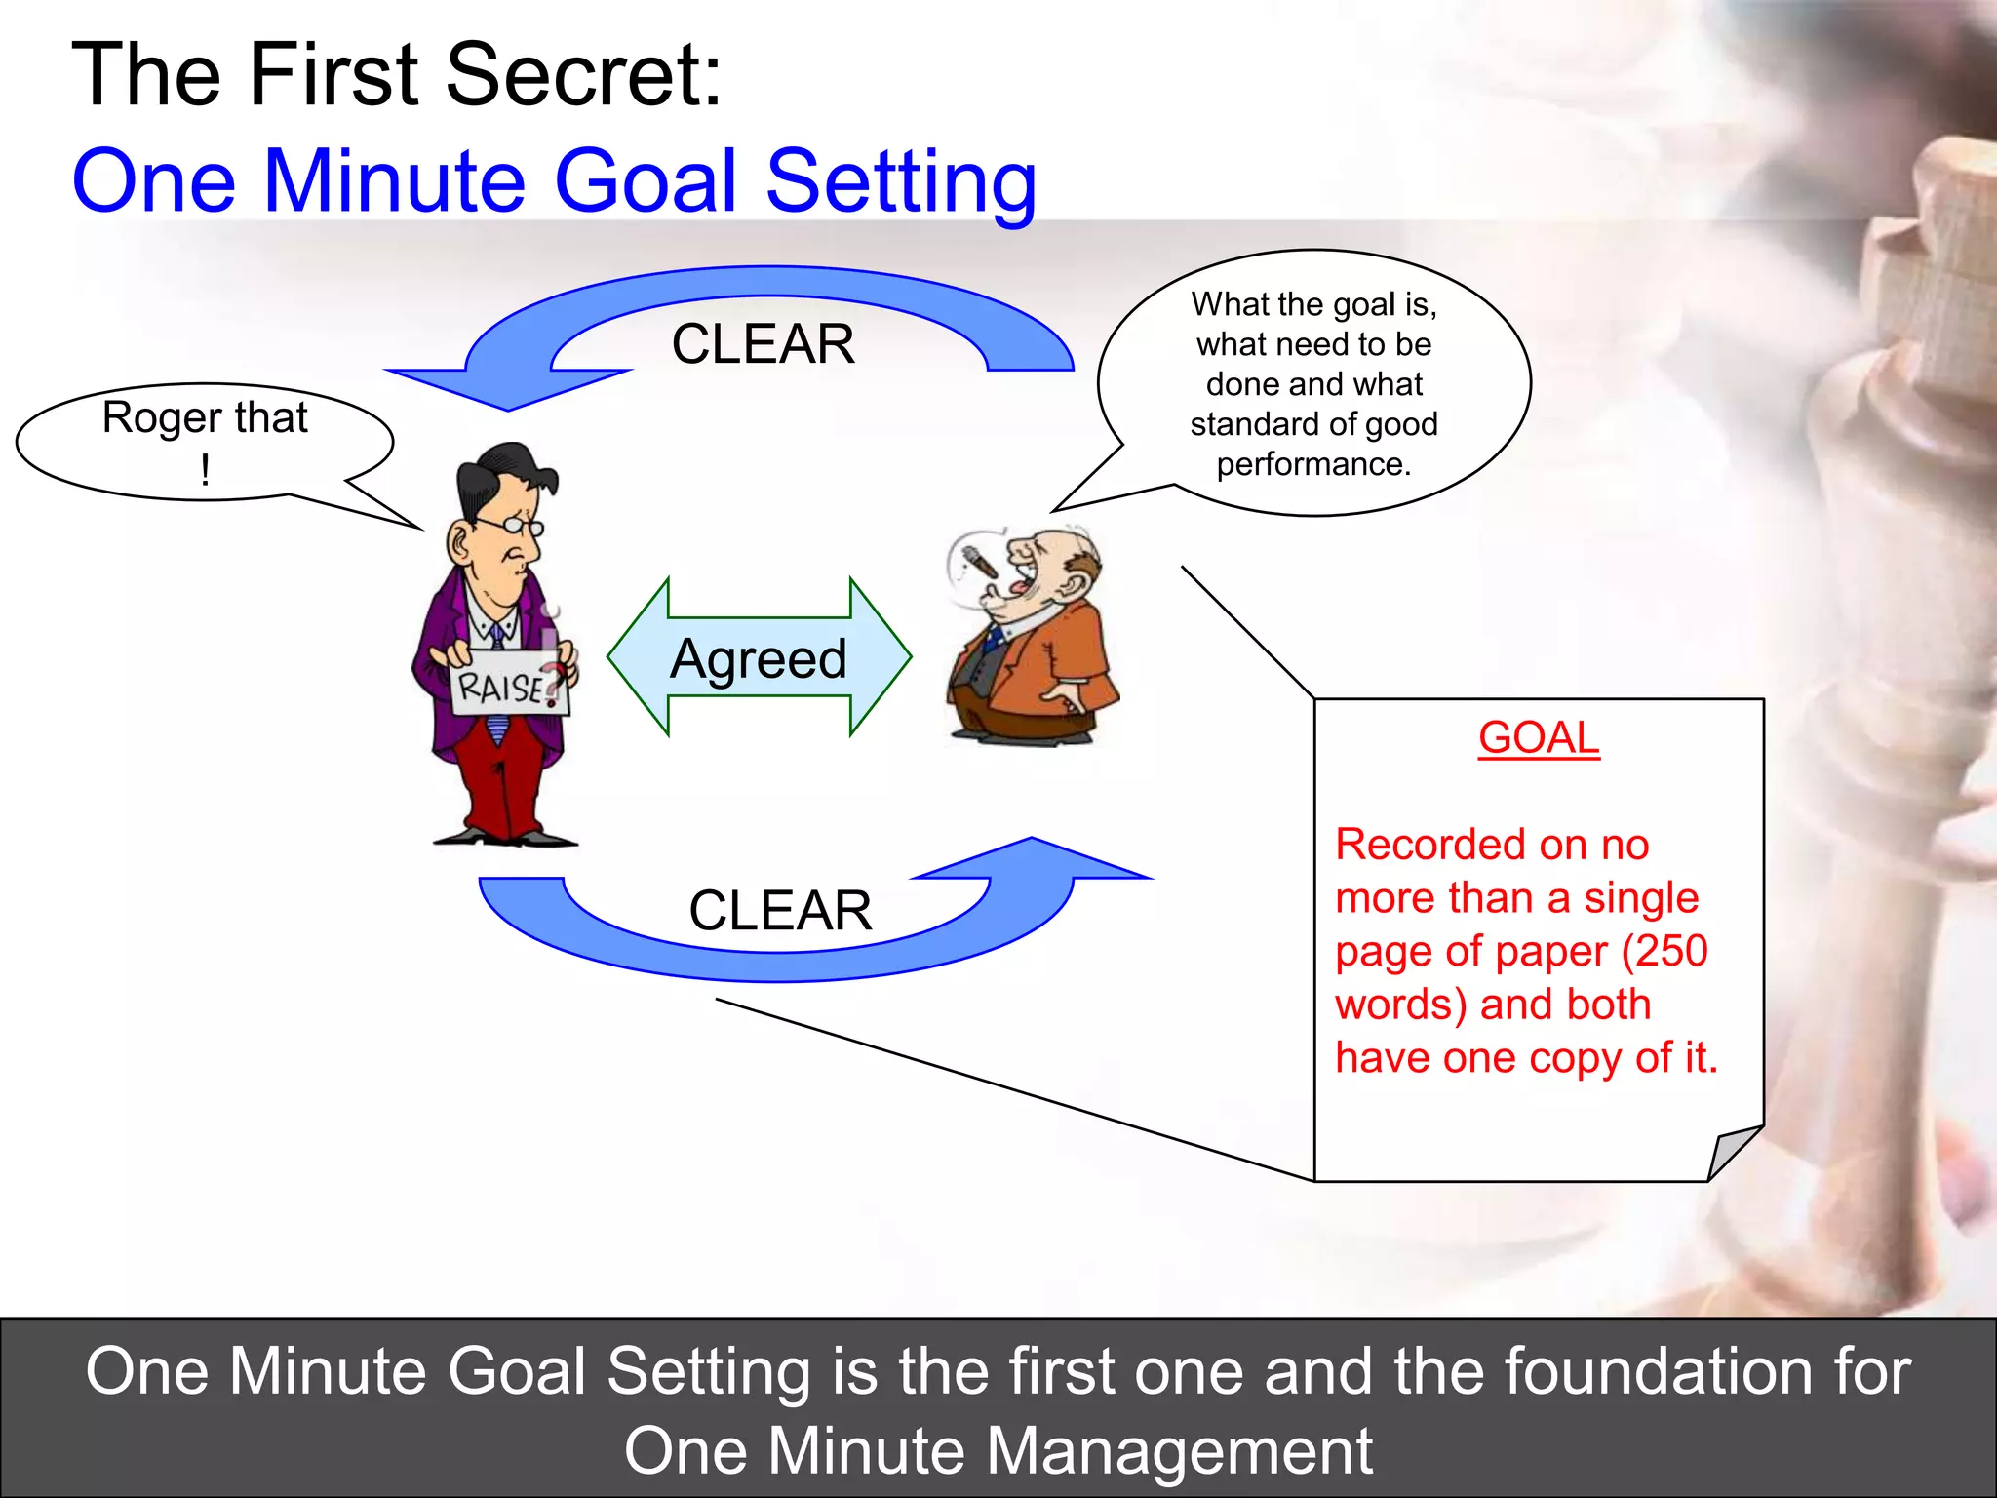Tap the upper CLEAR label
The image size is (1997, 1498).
click(x=763, y=344)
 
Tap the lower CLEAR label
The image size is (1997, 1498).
click(x=780, y=911)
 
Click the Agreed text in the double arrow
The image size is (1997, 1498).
click(x=759, y=659)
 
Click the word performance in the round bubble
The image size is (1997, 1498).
click(x=1313, y=464)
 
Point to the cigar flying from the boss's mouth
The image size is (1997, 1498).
click(x=979, y=563)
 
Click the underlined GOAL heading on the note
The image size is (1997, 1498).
click(x=1539, y=738)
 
